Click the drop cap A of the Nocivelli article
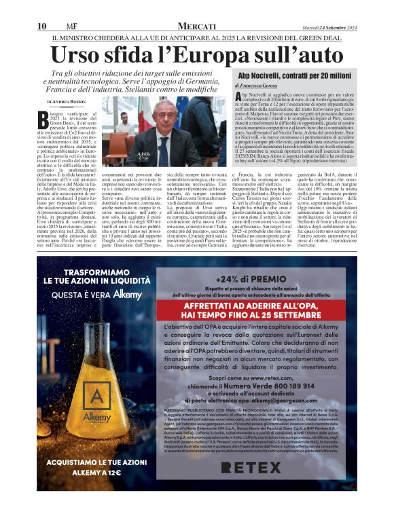(x=238, y=99)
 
